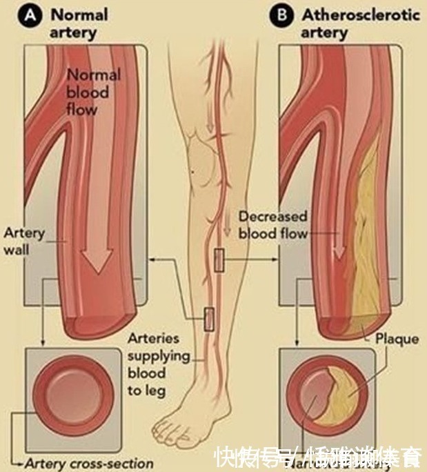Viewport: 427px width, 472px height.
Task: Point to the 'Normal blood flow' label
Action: pos(92,92)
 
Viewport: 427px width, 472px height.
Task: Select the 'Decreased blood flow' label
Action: pos(273,226)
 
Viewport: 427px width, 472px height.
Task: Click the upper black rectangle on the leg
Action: pos(219,259)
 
